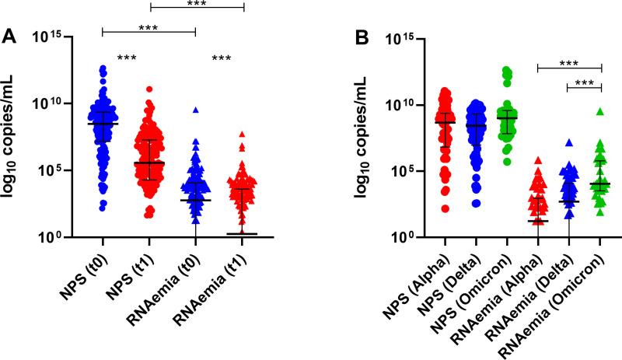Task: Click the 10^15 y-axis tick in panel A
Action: click(46, 37)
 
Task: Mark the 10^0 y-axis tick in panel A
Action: click(49, 236)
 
